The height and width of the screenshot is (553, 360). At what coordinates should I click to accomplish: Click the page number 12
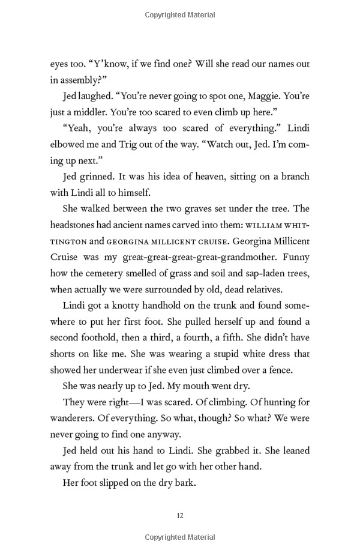tap(180, 515)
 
